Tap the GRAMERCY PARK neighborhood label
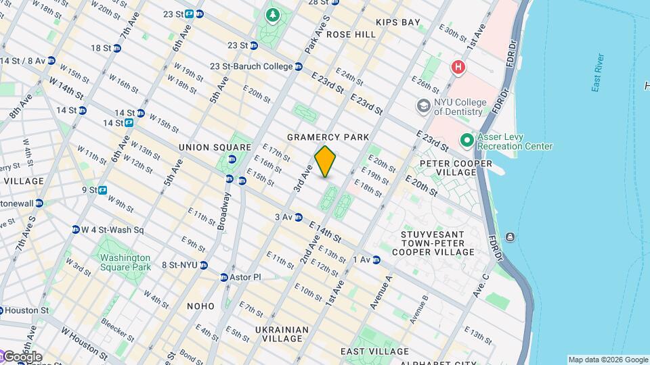pyautogui.click(x=328, y=137)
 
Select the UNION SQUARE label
pyautogui.click(x=215, y=147)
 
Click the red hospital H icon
pyautogui.click(x=458, y=67)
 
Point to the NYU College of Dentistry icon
pyautogui.click(x=423, y=106)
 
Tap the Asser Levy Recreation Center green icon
pyautogui.click(x=467, y=141)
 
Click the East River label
pyautogui.click(x=597, y=82)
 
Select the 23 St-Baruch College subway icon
pyautogui.click(x=298, y=66)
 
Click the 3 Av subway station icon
pyautogui.click(x=298, y=217)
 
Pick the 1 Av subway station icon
pyautogui.click(x=376, y=260)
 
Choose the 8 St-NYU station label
pyautogui.click(x=179, y=265)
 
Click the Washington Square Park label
pyautogui.click(x=125, y=262)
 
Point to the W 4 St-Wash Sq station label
pyautogui.click(x=112, y=230)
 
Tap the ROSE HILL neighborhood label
pyautogui.click(x=351, y=34)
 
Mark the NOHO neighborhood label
pyautogui.click(x=200, y=306)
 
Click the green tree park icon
pyautogui.click(x=273, y=15)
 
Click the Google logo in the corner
pyautogui.click(x=22, y=357)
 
